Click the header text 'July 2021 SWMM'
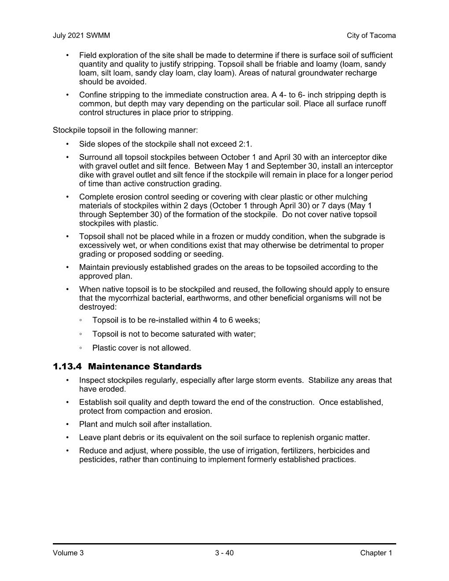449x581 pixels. [81, 36]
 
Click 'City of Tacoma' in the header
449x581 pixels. [371, 36]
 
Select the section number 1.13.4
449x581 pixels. [67, 367]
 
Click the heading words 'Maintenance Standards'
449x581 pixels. [145, 367]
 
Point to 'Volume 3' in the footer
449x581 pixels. [68, 553]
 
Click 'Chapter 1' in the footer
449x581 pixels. [376, 553]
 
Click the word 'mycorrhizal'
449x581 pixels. [128, 298]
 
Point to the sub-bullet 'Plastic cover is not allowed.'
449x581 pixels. [141, 348]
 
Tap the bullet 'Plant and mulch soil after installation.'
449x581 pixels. [145, 424]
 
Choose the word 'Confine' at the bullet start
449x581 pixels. [93, 95]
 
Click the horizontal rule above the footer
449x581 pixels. [224, 544]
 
